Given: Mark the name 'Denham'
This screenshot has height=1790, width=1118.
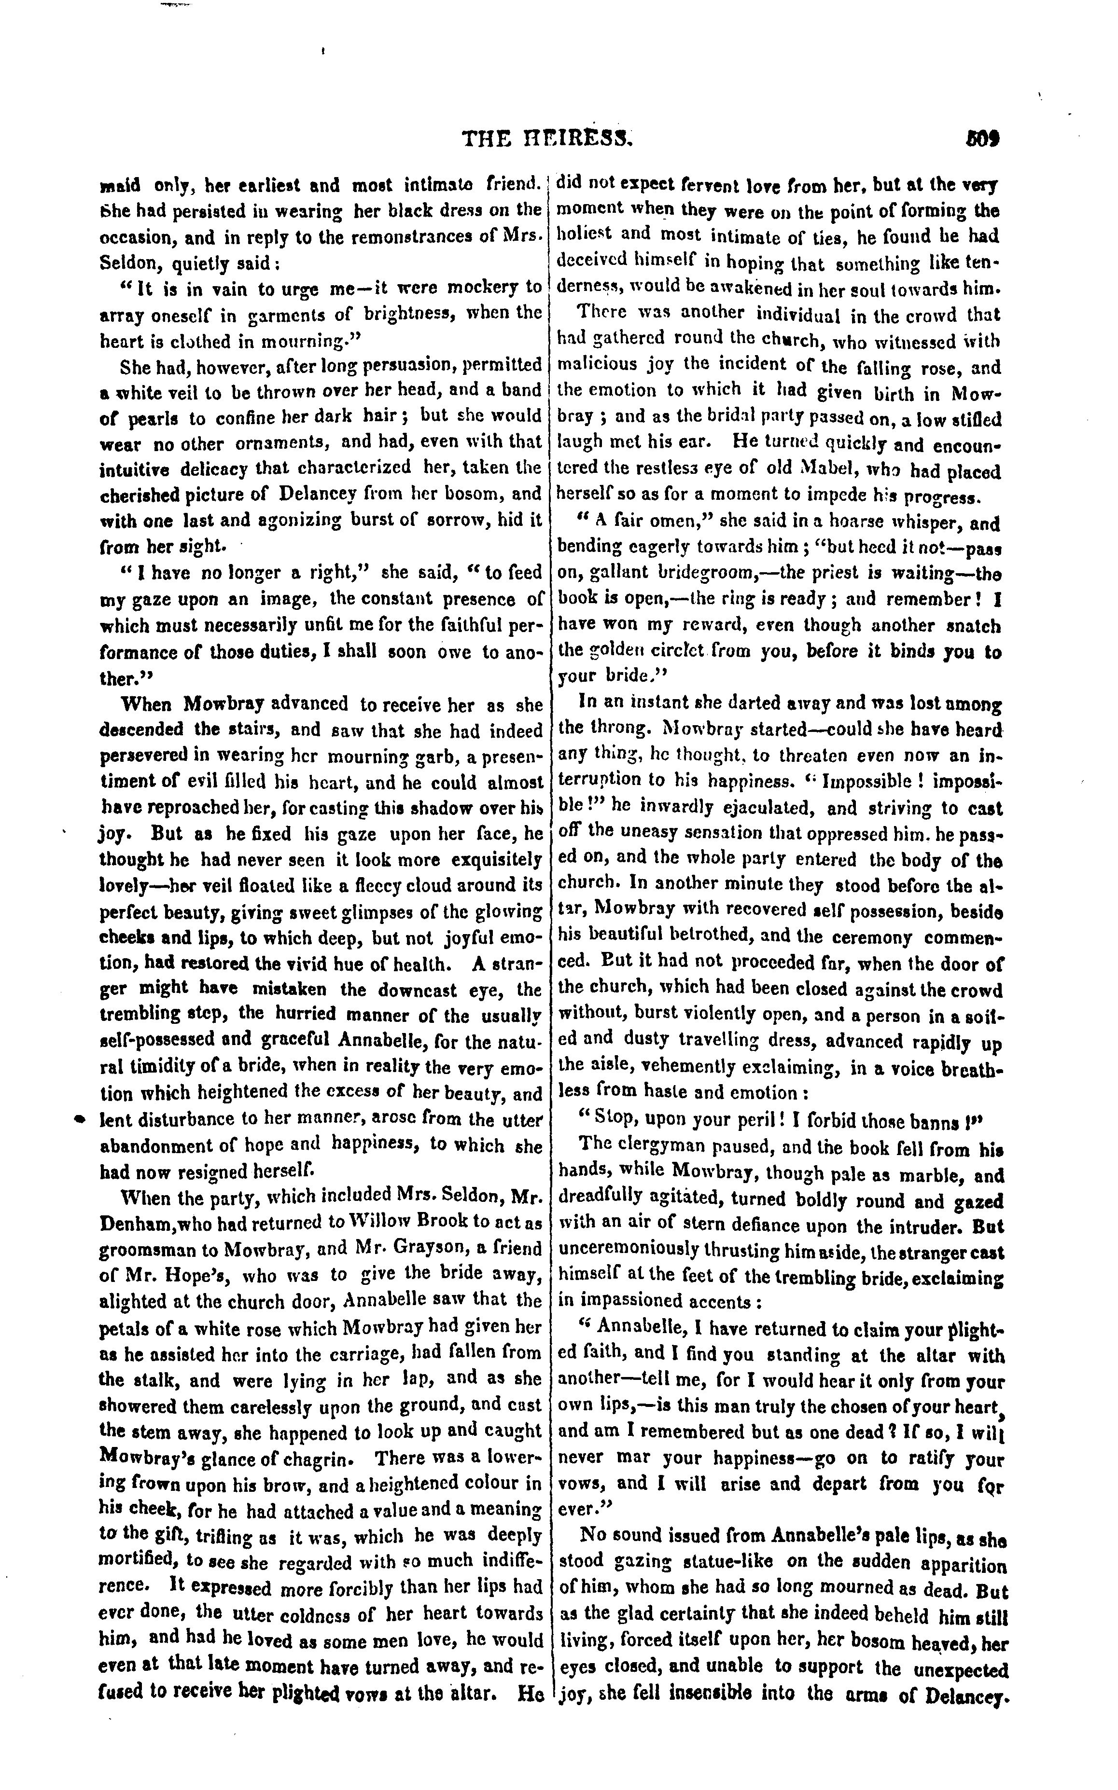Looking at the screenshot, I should (x=135, y=1223).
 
